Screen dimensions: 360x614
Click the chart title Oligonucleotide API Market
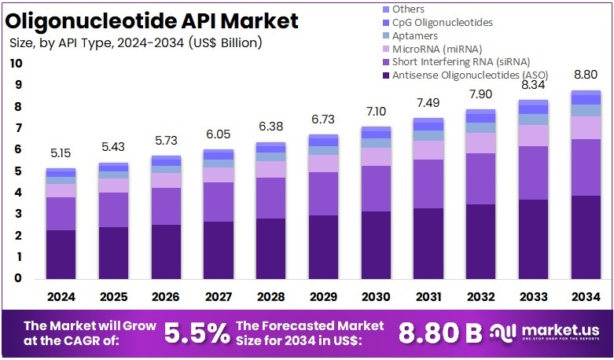point(154,20)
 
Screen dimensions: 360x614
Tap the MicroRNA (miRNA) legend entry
point(436,49)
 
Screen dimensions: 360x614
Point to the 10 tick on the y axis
point(17,64)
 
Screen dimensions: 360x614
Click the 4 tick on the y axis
point(17,193)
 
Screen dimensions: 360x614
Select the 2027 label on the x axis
point(218,296)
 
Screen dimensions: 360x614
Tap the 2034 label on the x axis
point(585,296)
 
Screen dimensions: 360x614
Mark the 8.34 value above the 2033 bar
point(532,85)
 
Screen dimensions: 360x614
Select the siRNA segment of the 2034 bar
point(585,167)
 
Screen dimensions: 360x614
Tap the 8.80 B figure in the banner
point(440,333)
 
